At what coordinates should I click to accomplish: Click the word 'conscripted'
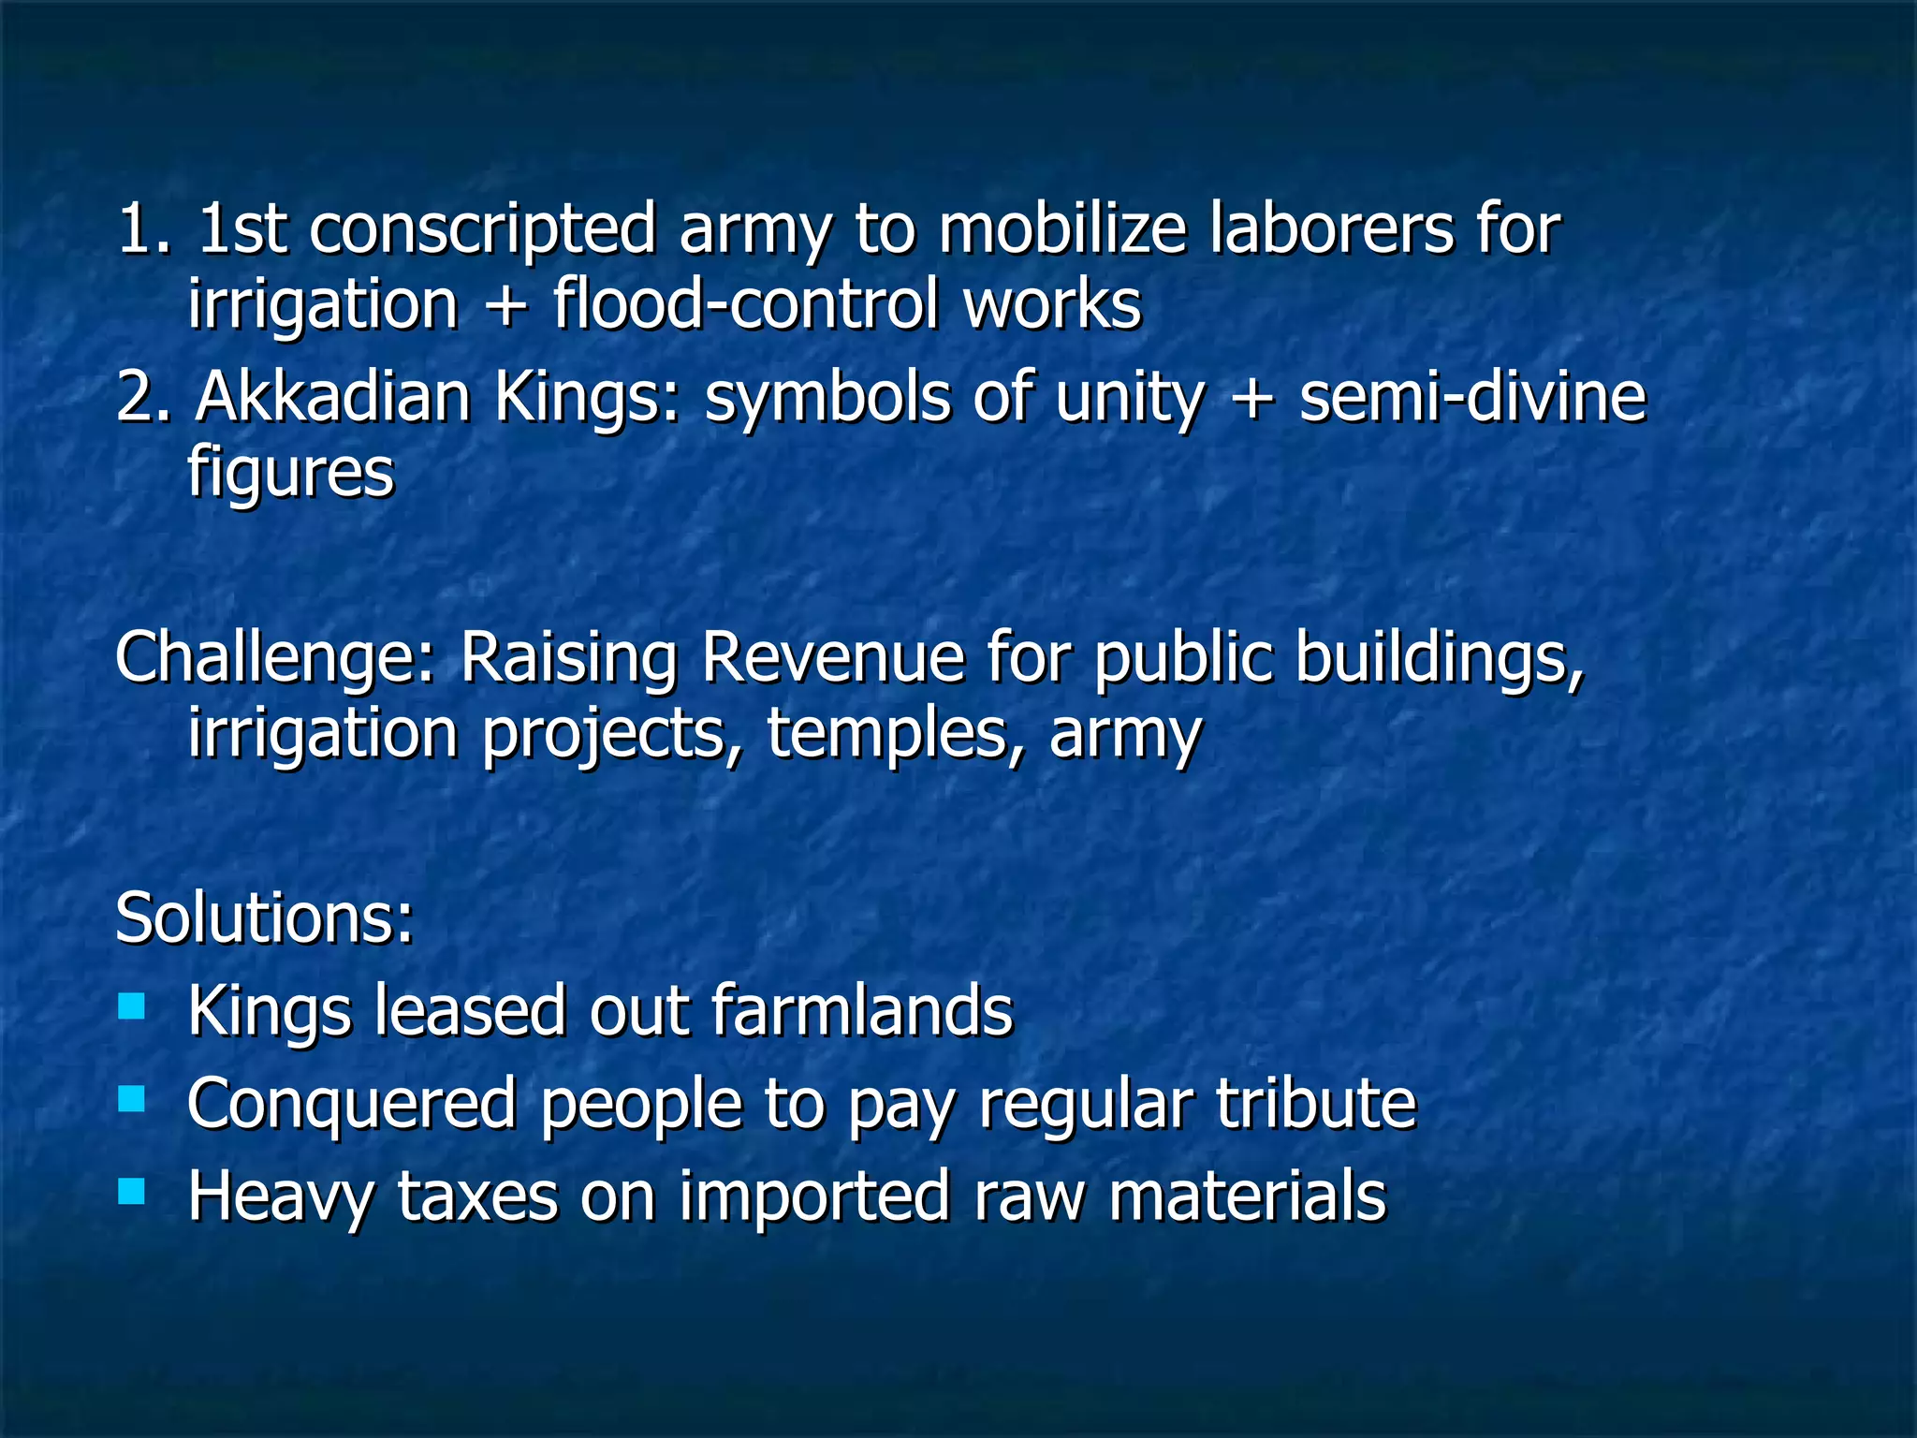click(x=482, y=230)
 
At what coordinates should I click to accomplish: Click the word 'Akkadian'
click(x=332, y=397)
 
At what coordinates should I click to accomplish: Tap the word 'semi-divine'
click(x=1471, y=397)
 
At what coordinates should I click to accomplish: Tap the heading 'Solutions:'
click(x=264, y=917)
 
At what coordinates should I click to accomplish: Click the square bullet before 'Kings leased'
click(x=132, y=1007)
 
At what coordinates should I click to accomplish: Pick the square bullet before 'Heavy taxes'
click(x=132, y=1191)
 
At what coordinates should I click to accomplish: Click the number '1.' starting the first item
click(x=144, y=230)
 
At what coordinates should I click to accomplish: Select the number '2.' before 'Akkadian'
click(x=144, y=397)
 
